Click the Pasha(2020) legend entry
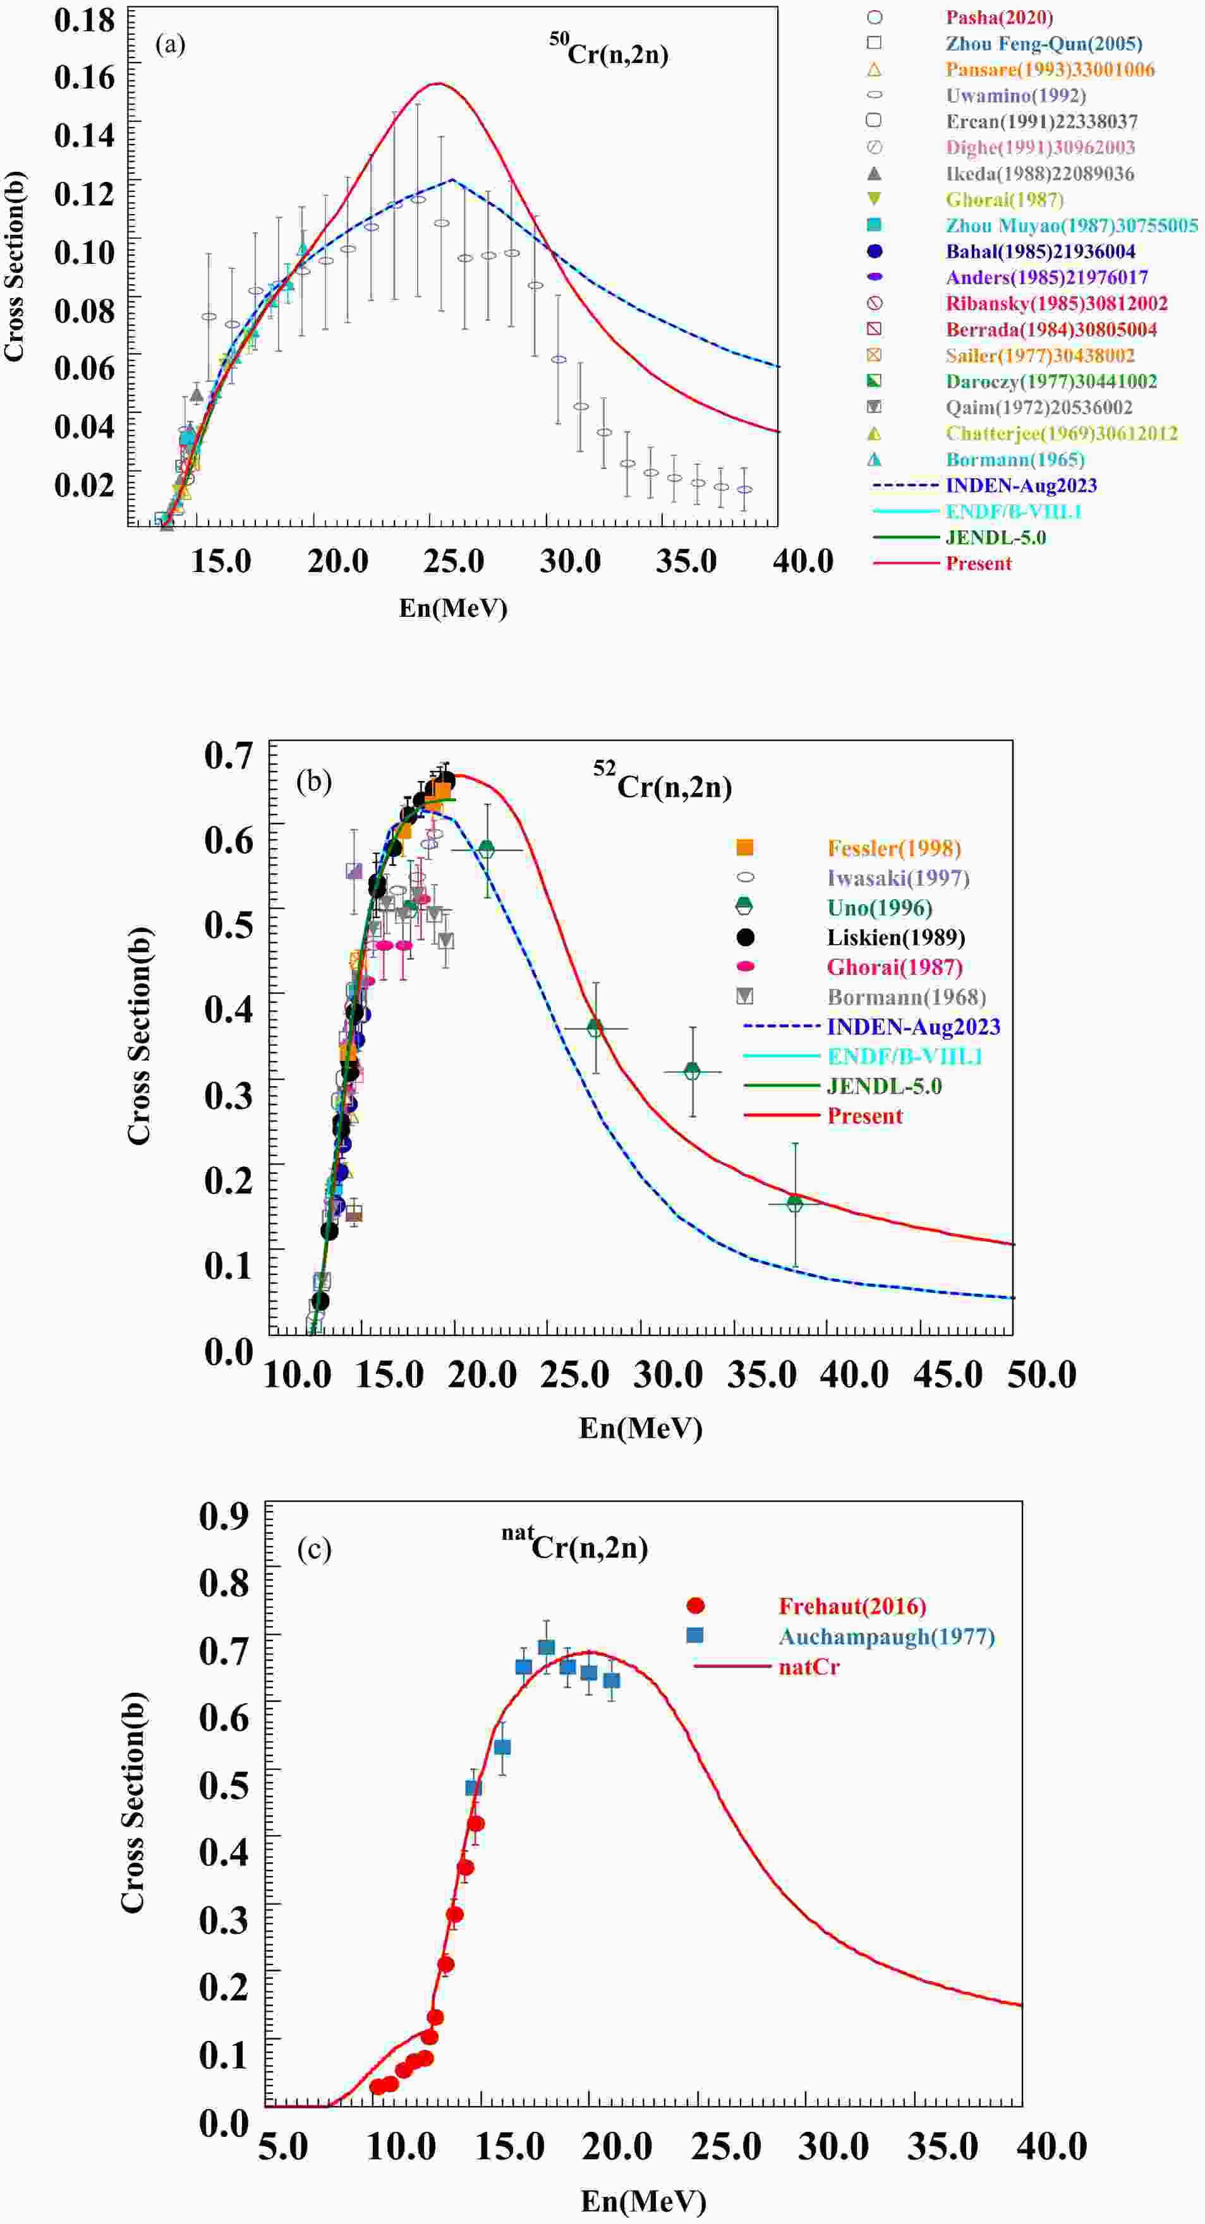998,17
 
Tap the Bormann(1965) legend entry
1014,459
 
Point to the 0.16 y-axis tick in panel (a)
85,77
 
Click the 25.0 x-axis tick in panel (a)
454,561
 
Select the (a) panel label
170,45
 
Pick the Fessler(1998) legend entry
893,848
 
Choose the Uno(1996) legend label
880,907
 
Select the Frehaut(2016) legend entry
852,1606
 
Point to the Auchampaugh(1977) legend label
887,1636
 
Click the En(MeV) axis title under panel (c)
643,2201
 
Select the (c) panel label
315,1550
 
